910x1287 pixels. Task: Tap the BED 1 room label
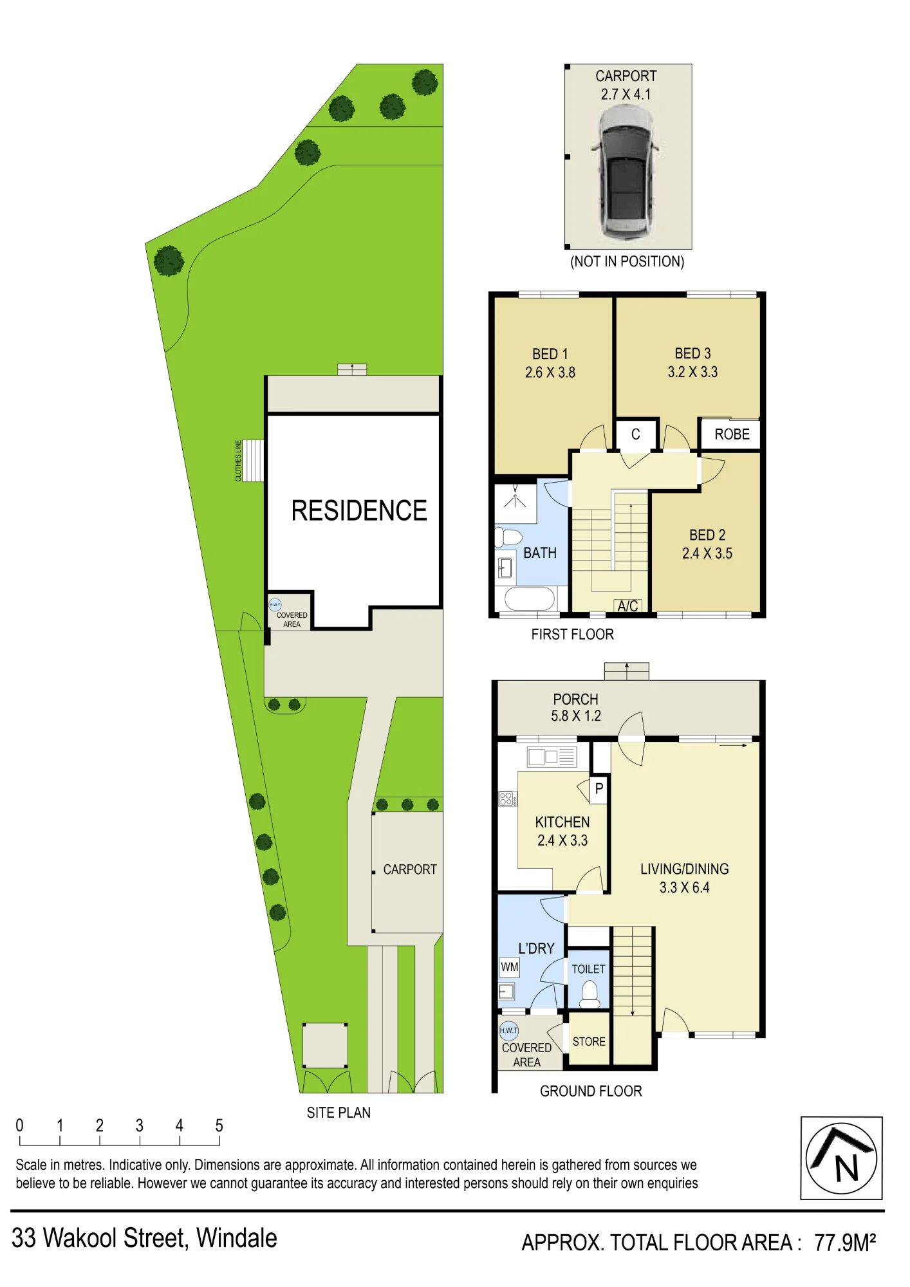(x=550, y=354)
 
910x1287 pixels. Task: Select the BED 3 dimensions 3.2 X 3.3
(x=692, y=372)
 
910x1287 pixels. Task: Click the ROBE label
(x=732, y=434)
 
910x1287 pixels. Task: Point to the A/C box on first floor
(x=627, y=606)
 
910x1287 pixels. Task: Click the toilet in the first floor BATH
(x=508, y=537)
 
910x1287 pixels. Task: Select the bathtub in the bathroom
(x=530, y=598)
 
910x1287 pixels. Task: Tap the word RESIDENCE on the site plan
(x=359, y=510)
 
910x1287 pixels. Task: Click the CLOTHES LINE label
(x=238, y=461)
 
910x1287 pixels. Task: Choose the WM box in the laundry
(x=509, y=967)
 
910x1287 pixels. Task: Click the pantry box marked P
(x=599, y=789)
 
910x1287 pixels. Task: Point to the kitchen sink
(x=552, y=757)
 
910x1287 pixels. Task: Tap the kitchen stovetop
(x=506, y=799)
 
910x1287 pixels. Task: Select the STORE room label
(x=589, y=1041)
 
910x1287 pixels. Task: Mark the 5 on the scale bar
(x=219, y=1125)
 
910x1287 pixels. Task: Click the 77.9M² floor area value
(x=845, y=1242)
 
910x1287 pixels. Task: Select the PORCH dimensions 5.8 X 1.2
(x=576, y=716)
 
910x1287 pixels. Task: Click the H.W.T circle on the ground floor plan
(x=508, y=1030)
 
